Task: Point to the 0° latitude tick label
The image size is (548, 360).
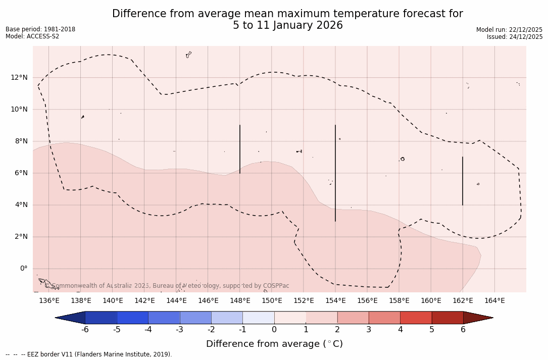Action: [x=23, y=269]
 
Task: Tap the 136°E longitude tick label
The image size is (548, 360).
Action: [x=49, y=301]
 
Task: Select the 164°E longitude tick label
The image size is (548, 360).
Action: [x=494, y=301]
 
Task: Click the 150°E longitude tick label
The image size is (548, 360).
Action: [x=272, y=301]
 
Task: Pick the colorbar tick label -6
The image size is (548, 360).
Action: [x=85, y=330]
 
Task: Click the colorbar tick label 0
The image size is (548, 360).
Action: [x=274, y=330]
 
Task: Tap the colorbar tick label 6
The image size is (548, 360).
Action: [x=463, y=330]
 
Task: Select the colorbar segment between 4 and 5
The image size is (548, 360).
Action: [x=416, y=318]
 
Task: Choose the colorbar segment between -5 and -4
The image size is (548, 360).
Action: [x=132, y=318]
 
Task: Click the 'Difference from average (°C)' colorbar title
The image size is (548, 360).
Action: [x=274, y=344]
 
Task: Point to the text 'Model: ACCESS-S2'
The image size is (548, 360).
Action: [x=32, y=36]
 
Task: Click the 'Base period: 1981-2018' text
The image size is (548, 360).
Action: [x=40, y=29]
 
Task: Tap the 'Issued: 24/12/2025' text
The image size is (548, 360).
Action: [x=515, y=37]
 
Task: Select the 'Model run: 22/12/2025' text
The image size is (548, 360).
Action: [x=509, y=30]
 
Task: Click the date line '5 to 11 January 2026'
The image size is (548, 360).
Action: [x=287, y=26]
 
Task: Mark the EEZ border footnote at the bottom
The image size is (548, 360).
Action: [x=89, y=354]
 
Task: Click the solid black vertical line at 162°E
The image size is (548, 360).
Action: [x=463, y=181]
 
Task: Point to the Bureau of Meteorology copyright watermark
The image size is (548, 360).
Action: [x=171, y=286]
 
